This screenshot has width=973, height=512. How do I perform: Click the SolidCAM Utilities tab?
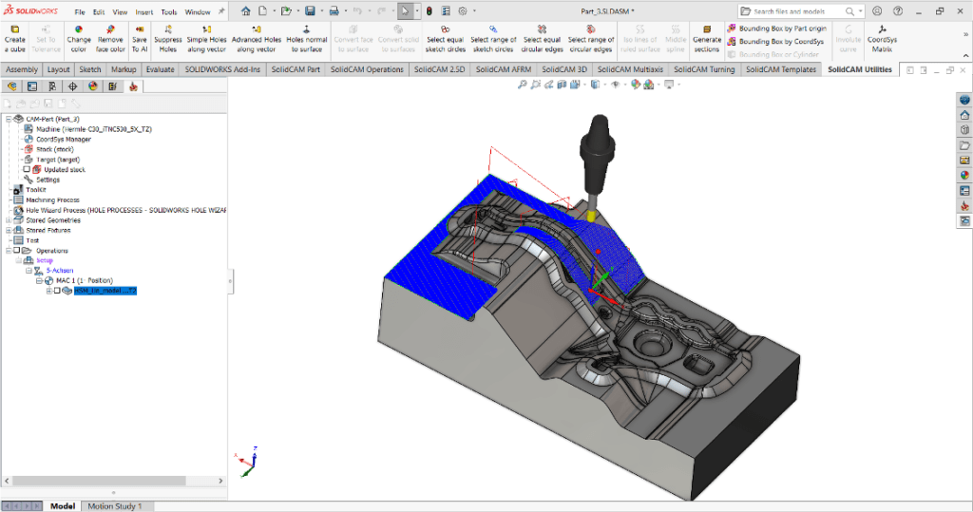pos(859,69)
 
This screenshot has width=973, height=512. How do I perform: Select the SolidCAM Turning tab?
pos(704,69)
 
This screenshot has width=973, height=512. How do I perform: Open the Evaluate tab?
pos(160,69)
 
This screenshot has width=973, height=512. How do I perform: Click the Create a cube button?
pos(15,38)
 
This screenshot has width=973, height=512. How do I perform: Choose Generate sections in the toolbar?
pos(706,38)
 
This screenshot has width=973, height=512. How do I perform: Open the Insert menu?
pos(144,12)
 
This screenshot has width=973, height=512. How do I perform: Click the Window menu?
pos(198,12)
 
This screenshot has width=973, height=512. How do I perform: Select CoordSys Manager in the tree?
pos(64,139)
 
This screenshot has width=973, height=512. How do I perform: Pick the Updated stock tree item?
pos(64,169)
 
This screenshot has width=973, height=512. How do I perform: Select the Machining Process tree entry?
pos(52,199)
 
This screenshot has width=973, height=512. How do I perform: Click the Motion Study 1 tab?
pos(114,506)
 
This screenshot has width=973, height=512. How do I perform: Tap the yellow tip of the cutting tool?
pos(591,215)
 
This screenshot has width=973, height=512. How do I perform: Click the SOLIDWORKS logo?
pos(31,11)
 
